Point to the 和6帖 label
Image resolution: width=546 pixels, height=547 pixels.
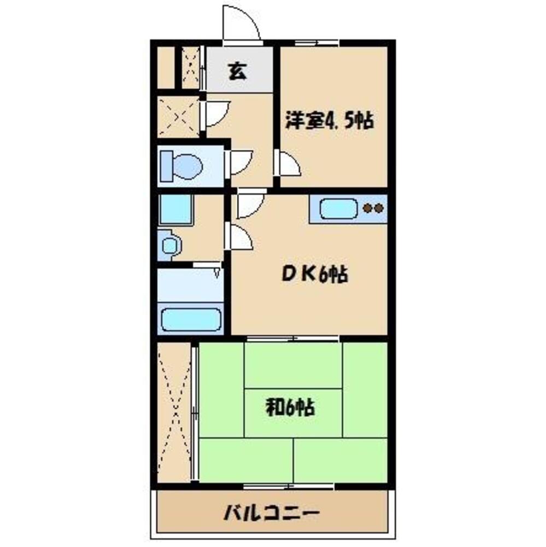point(290,407)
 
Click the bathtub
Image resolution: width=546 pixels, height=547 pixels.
point(191,319)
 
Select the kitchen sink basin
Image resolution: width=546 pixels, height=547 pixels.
point(338,208)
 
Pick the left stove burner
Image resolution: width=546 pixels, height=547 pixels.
point(368,208)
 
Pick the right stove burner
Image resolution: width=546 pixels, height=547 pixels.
point(379,208)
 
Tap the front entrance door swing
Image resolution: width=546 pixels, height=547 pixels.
point(240,23)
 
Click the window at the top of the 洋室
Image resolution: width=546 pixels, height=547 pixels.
point(316,43)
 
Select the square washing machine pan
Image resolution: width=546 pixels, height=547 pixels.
point(175,210)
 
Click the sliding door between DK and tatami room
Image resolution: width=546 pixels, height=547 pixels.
point(292,337)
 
